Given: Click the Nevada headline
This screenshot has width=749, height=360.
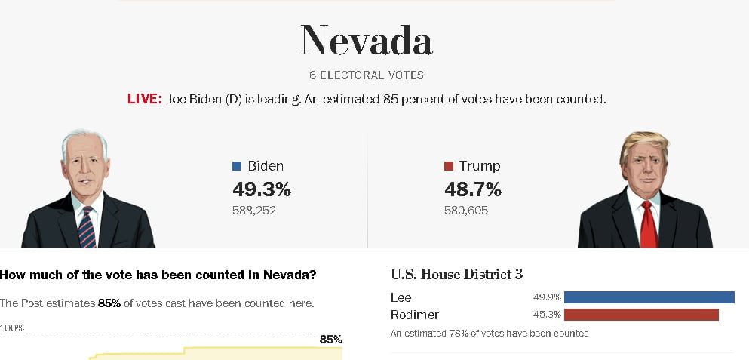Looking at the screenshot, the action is click(367, 40).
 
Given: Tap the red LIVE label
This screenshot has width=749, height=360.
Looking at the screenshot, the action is click(145, 100).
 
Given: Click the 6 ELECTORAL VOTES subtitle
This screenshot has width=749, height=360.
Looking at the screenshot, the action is click(367, 75).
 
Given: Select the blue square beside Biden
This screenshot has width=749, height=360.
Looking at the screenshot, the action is click(236, 166).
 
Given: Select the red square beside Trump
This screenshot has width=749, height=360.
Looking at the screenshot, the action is click(449, 166).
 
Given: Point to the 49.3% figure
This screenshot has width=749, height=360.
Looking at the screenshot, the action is click(262, 189).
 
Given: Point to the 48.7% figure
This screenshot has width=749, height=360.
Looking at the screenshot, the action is click(473, 189).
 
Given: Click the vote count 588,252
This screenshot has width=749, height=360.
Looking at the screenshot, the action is click(254, 211).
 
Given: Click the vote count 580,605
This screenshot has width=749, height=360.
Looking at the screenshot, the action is click(466, 211).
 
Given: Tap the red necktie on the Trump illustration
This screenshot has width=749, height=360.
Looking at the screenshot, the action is click(648, 225).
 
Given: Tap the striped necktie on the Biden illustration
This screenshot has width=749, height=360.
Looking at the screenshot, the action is click(87, 227).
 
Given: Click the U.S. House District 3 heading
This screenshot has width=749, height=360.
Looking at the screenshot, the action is click(456, 275).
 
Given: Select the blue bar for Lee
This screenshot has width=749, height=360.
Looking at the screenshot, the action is click(649, 297).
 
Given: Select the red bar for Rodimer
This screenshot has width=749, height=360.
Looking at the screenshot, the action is click(642, 315).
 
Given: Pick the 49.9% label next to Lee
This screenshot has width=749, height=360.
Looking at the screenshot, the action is click(547, 297).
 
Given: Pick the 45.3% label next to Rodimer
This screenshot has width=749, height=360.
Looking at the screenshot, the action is click(547, 315).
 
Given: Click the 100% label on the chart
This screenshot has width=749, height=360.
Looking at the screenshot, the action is click(12, 328).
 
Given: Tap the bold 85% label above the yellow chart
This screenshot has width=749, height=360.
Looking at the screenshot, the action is click(331, 340).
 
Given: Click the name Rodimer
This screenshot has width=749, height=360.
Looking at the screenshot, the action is click(415, 315).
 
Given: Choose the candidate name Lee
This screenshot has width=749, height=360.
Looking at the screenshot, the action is click(401, 297).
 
